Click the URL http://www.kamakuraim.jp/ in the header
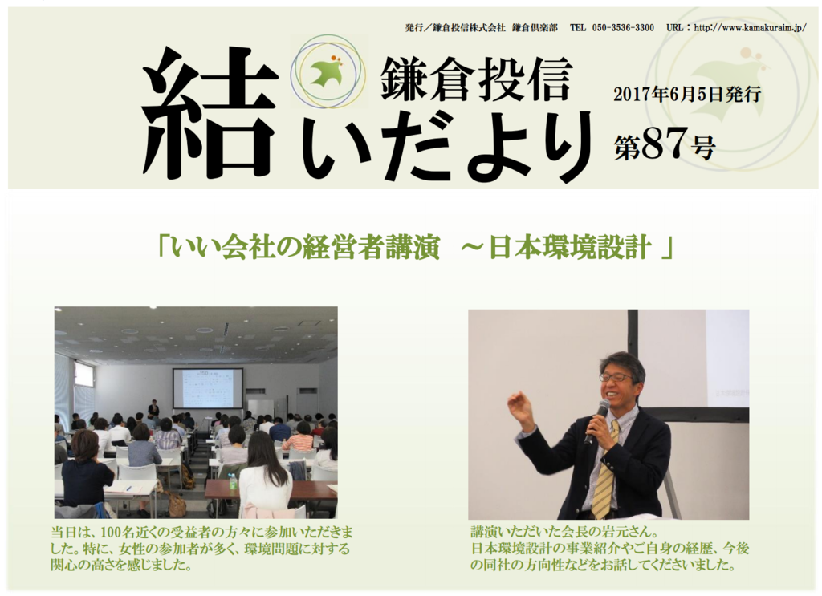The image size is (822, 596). pyautogui.click(x=751, y=28)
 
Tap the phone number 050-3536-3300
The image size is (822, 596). pyautogui.click(x=623, y=28)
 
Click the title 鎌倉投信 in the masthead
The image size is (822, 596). pyautogui.click(x=475, y=79)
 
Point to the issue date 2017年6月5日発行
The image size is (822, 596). pyautogui.click(x=687, y=95)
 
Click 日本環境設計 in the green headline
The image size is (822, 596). pyautogui.click(x=570, y=247)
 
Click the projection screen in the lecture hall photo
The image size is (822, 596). pyautogui.click(x=208, y=388)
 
